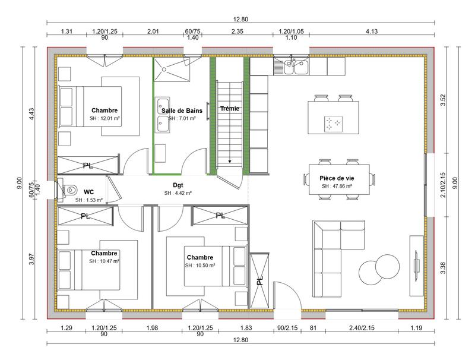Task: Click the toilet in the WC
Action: click(x=69, y=191)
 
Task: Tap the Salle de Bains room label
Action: click(x=182, y=110)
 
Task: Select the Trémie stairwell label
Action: click(x=229, y=109)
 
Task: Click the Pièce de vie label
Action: click(x=337, y=178)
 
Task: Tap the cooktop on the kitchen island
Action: click(x=333, y=124)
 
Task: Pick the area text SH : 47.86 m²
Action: click(x=337, y=186)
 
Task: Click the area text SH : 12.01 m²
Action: click(x=104, y=119)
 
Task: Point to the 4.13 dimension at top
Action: click(x=372, y=31)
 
